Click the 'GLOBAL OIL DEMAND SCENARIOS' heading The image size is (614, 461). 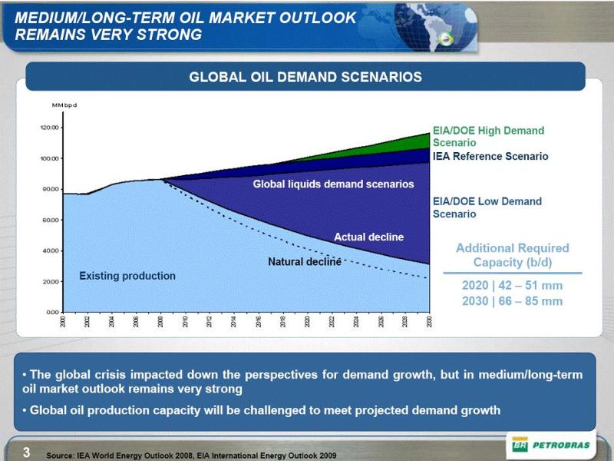point(305,77)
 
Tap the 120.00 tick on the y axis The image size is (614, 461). point(50,128)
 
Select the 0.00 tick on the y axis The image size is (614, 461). point(52,313)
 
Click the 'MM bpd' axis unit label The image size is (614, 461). point(64,104)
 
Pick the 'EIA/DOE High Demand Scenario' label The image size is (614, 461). point(488,137)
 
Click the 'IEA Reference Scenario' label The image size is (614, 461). point(490,157)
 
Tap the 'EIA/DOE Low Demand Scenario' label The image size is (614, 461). point(487,207)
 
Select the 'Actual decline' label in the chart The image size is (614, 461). point(368,237)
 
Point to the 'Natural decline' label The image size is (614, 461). point(304,262)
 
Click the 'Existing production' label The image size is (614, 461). point(127,276)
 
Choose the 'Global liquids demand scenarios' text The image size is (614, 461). point(333,184)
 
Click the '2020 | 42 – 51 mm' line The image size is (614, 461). point(512,286)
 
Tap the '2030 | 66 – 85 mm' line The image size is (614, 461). point(512,301)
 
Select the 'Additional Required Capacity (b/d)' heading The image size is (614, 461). point(512,255)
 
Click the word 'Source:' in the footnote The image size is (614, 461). point(60,455)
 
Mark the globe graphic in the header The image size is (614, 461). point(430,25)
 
